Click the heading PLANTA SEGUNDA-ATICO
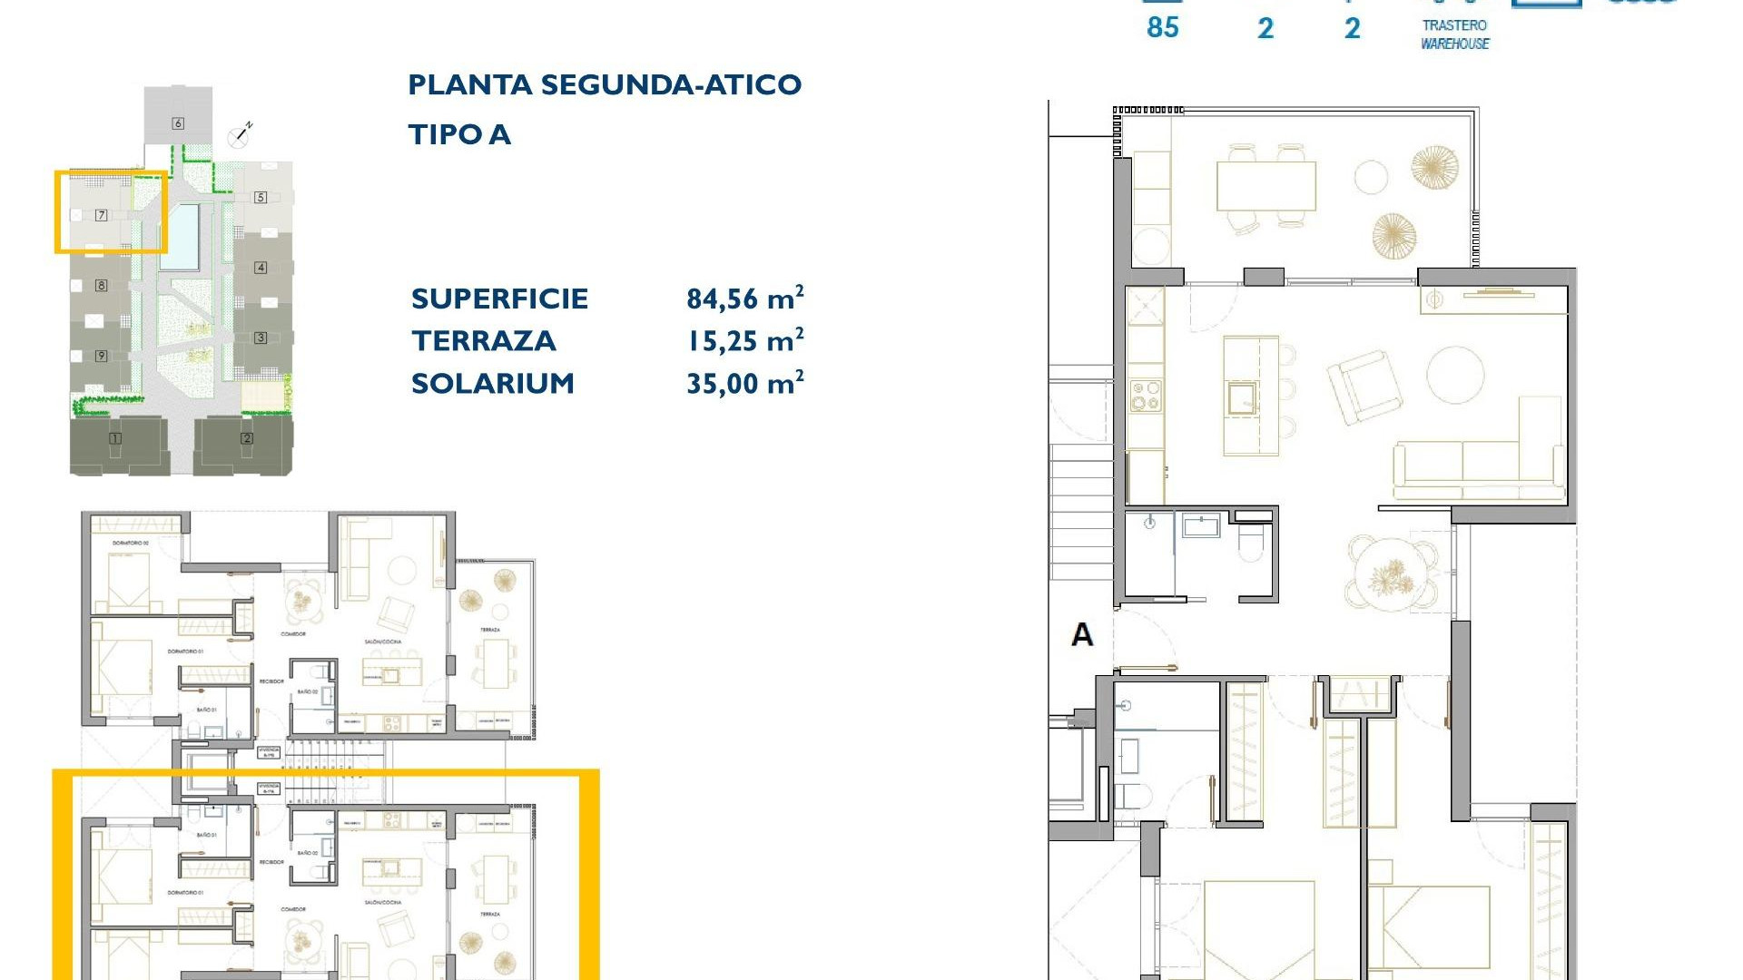pos(605,85)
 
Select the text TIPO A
pos(459,135)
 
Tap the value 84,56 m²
pos(744,299)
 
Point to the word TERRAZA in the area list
pos(483,341)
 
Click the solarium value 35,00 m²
pos(744,383)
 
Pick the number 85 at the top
pos(1162,27)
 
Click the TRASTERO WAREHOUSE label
pos(1454,34)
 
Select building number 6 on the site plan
pos(178,123)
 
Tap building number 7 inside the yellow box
pos(102,215)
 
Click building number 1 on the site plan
pos(115,439)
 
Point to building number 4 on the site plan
pos(261,267)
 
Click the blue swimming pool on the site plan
pos(181,236)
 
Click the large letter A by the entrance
pos(1081,634)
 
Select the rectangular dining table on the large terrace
pos(1265,186)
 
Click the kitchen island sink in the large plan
pos(1242,397)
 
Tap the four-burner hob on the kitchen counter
pos(1145,397)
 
